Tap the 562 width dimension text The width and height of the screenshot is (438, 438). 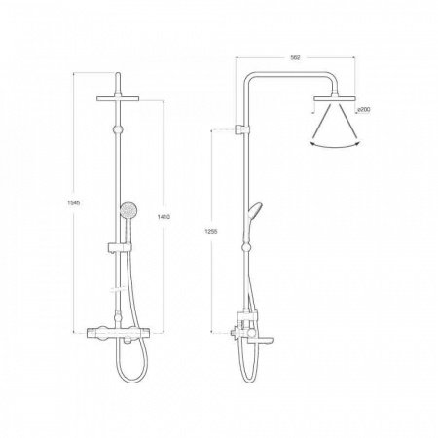(295, 57)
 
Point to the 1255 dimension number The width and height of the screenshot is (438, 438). (211, 232)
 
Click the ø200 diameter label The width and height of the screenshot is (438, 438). (364, 110)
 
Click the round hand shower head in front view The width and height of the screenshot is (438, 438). (128, 209)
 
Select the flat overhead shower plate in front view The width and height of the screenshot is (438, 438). (118, 98)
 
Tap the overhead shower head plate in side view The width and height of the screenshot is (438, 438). (335, 98)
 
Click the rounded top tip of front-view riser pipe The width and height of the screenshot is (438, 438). (118, 74)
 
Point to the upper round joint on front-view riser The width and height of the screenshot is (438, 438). (118, 129)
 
